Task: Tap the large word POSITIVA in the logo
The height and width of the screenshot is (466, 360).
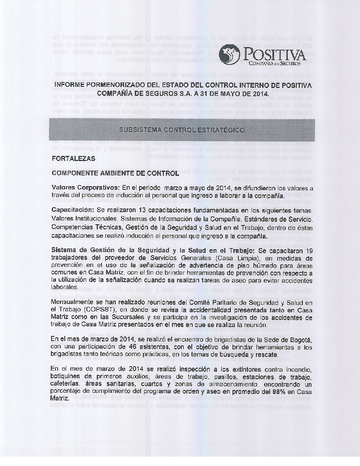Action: pyautogui.click(x=275, y=55)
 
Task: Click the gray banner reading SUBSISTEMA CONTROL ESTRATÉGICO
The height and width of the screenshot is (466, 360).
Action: pyautogui.click(x=182, y=130)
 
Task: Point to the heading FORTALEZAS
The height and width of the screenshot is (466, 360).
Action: pyautogui.click(x=73, y=158)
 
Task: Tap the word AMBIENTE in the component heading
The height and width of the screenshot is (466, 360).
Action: pyautogui.click(x=117, y=173)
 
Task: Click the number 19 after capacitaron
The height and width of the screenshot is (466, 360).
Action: pyautogui.click(x=309, y=251)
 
